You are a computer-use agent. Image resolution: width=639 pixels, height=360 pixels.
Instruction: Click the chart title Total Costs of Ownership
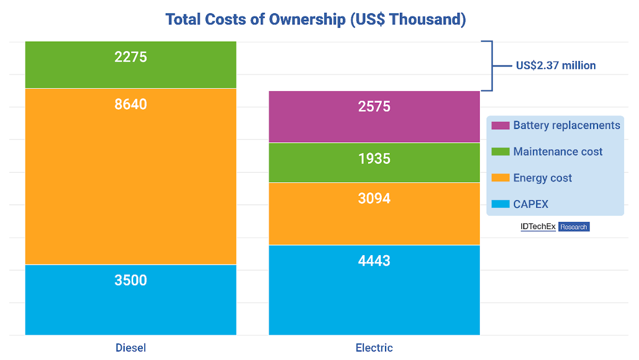(x=316, y=19)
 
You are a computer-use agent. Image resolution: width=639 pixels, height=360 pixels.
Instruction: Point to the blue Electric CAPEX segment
(x=374, y=298)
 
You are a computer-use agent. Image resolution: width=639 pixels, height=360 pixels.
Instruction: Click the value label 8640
(x=130, y=104)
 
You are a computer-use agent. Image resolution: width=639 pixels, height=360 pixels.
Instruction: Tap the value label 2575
(x=374, y=107)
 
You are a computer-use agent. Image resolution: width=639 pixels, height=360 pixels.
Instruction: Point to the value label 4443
(x=374, y=261)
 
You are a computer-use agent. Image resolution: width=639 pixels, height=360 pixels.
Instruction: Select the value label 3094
(x=374, y=199)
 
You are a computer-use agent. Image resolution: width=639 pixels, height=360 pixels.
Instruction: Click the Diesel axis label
(x=130, y=348)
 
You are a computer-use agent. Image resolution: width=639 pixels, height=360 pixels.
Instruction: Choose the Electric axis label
(x=374, y=348)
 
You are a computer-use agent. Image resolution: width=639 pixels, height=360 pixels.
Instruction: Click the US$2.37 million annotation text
(x=555, y=66)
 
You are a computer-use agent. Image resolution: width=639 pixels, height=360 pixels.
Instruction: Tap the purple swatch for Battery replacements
(x=500, y=126)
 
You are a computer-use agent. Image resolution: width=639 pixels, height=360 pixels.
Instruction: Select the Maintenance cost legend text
(x=558, y=152)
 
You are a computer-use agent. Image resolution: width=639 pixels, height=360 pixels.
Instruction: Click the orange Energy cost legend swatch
(x=500, y=178)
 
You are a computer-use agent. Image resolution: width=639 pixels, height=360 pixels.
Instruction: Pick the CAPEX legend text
(x=530, y=204)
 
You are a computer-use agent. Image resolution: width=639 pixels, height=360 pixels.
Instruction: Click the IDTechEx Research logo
(x=555, y=227)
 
